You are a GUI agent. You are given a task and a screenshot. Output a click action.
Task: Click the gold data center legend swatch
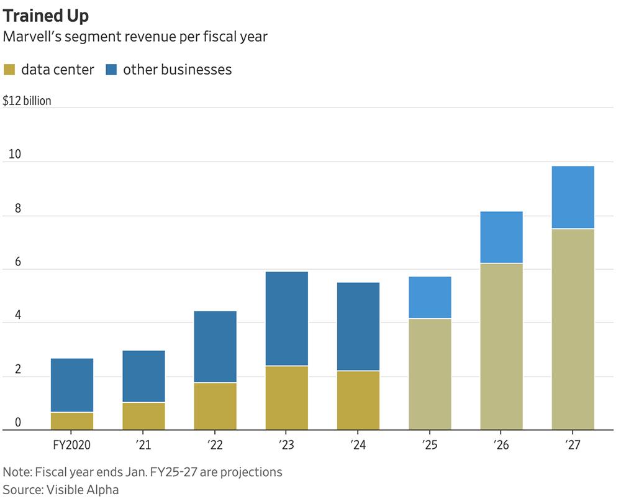(x=11, y=70)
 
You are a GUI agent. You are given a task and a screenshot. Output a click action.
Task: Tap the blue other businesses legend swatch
(x=112, y=70)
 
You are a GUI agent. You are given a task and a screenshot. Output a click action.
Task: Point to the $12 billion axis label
(x=27, y=101)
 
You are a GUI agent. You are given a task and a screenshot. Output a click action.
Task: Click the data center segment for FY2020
(x=71, y=421)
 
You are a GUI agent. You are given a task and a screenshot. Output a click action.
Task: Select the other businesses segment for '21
(x=143, y=376)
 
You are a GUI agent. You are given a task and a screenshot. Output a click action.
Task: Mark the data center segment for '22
(x=215, y=406)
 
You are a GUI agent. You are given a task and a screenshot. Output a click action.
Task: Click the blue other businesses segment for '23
(x=286, y=318)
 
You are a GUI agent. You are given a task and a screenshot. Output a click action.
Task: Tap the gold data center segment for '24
(x=358, y=400)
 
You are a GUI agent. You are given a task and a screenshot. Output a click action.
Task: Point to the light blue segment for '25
(x=430, y=297)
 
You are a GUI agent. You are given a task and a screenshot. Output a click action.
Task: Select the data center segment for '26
(x=501, y=346)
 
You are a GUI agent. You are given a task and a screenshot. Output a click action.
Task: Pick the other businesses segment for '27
(x=573, y=197)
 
